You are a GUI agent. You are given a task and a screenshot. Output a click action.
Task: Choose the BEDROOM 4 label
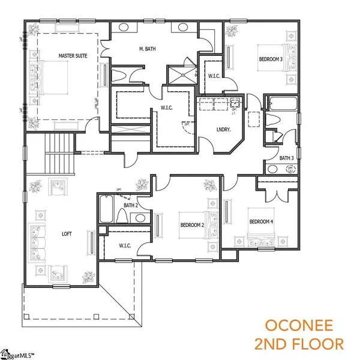coord(261,221)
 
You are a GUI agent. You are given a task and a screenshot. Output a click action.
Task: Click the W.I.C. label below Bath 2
coord(126,245)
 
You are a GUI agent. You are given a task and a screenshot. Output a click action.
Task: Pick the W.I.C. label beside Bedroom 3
coord(213,76)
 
